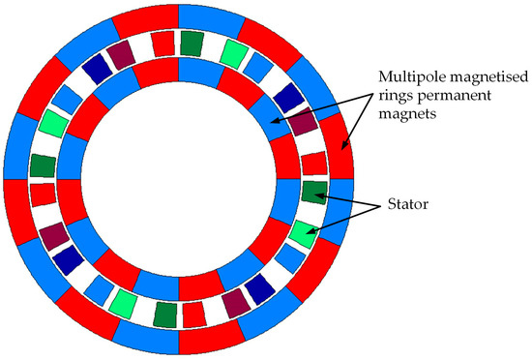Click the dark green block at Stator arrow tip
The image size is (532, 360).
314,191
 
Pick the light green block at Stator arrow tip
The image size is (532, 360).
303,230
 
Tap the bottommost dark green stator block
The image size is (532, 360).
165,314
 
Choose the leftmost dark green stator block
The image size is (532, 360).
43,165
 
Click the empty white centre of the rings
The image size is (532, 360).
179,179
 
